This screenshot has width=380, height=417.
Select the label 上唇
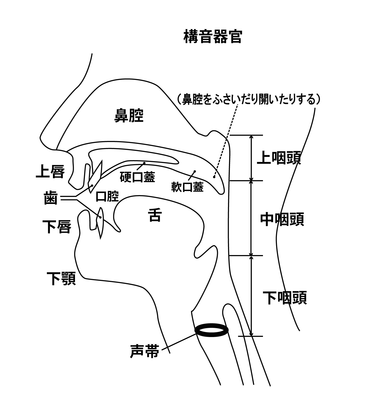click(50, 171)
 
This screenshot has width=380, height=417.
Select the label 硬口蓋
click(137, 177)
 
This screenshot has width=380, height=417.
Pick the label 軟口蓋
click(187, 187)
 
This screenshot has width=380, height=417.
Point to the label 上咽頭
click(279, 158)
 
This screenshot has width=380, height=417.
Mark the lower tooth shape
click(100, 223)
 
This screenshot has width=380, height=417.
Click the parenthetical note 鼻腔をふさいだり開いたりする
click(250, 99)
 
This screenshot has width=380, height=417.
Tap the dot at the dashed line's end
click(214, 177)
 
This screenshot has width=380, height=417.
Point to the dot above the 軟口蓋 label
click(195, 171)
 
